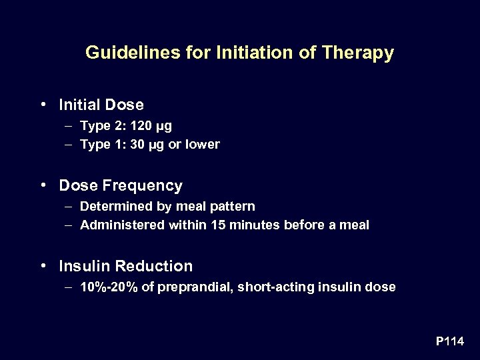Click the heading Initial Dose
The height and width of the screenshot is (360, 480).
point(101,105)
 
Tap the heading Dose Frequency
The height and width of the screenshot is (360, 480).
point(120,185)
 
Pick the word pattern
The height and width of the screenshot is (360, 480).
point(232,207)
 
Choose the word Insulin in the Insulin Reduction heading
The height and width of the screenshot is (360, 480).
point(85,267)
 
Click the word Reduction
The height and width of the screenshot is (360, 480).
point(154,267)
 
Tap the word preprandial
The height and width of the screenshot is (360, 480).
point(191,287)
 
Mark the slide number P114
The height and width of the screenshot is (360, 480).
point(450,341)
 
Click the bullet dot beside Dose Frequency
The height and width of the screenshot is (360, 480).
point(43,185)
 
